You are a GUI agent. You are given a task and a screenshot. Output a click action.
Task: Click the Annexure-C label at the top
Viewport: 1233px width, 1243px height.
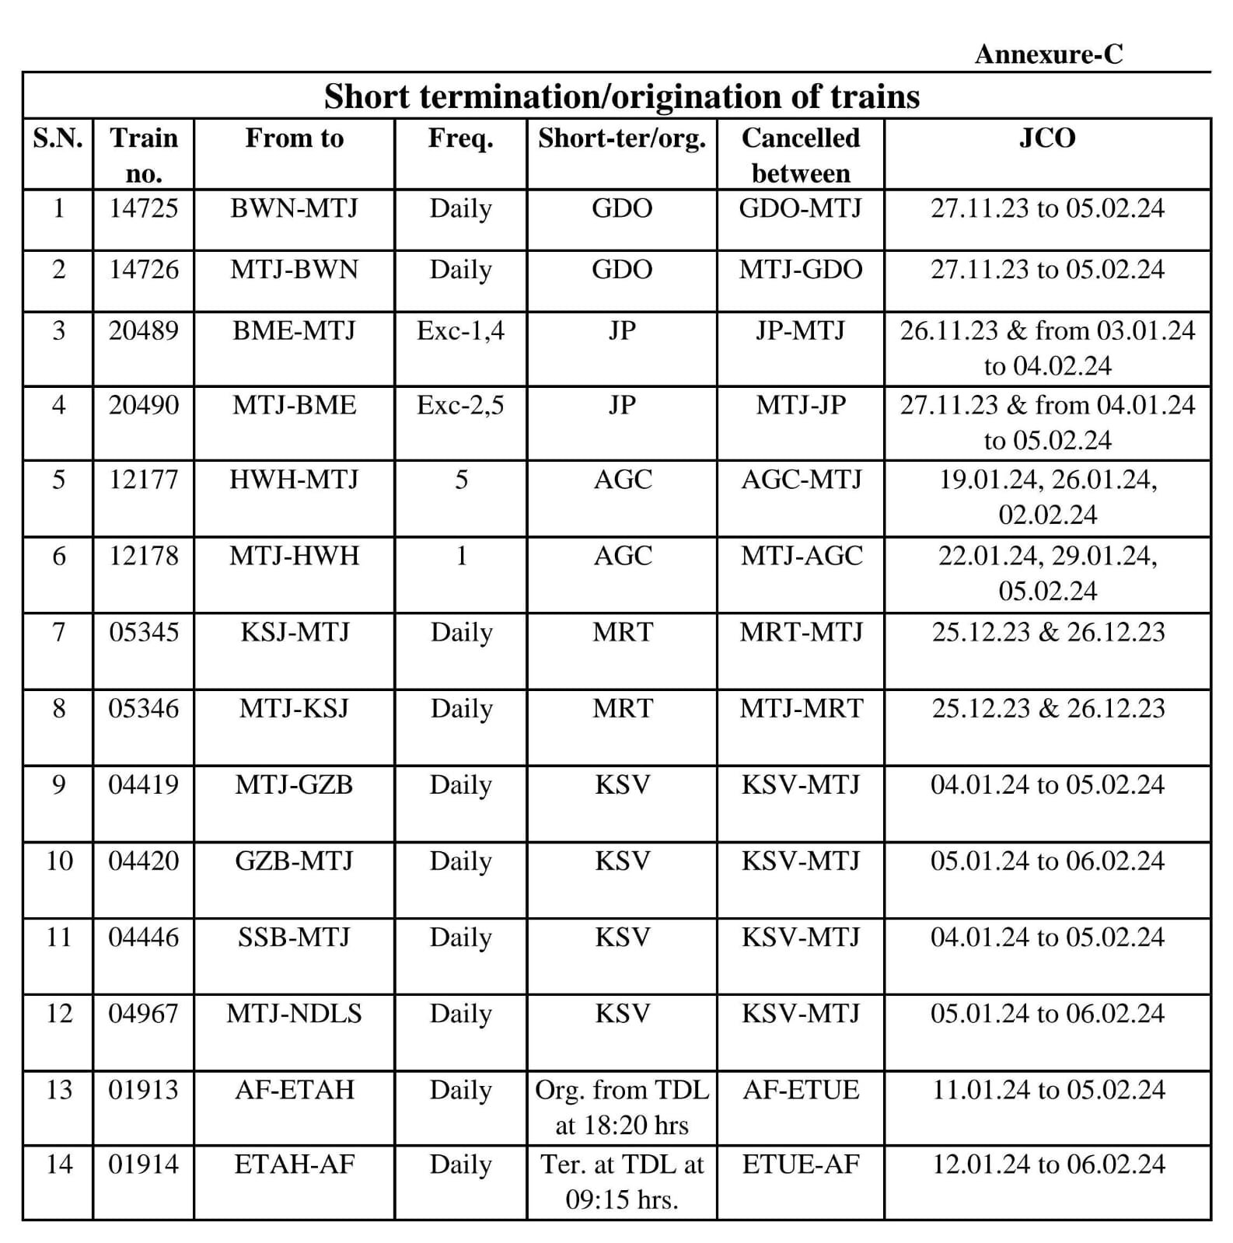1048,54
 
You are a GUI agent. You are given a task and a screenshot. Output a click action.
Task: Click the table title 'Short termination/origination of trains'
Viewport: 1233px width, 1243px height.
621,96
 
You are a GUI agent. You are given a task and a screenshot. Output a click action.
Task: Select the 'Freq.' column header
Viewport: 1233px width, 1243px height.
460,138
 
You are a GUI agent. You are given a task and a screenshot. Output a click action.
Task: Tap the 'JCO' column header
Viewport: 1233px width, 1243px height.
1047,138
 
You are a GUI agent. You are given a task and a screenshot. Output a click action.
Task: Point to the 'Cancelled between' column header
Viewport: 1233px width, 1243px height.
800,155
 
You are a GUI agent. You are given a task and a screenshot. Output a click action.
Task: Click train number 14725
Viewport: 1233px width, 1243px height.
143,208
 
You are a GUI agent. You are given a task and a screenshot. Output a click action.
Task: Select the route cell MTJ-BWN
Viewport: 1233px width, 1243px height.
294,270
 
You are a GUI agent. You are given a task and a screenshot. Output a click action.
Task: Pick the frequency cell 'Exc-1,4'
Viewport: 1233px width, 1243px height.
460,331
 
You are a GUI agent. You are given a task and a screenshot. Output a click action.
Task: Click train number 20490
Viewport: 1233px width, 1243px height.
143,405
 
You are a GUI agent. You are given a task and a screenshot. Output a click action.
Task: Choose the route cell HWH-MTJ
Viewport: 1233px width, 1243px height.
294,480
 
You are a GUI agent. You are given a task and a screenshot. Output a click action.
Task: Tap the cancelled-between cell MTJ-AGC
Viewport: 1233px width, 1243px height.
801,556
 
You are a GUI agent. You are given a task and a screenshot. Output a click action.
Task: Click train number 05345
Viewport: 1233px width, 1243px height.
143,632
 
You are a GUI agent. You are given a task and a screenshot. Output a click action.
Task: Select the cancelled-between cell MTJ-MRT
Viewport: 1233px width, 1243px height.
801,708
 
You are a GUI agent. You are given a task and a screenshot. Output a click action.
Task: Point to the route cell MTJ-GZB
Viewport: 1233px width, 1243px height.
294,784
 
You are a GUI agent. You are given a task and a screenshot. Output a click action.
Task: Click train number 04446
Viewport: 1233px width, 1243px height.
143,937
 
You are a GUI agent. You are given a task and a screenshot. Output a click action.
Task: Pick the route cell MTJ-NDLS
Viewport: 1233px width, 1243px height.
294,1014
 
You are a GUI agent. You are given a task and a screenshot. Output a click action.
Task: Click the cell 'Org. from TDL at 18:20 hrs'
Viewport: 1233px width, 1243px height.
621,1107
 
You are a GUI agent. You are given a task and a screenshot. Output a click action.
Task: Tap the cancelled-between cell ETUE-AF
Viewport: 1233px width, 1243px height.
801,1164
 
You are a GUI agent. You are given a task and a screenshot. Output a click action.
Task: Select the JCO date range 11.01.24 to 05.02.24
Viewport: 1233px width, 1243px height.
1047,1090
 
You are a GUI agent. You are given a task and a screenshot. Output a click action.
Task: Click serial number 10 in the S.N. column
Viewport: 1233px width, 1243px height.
58,861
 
